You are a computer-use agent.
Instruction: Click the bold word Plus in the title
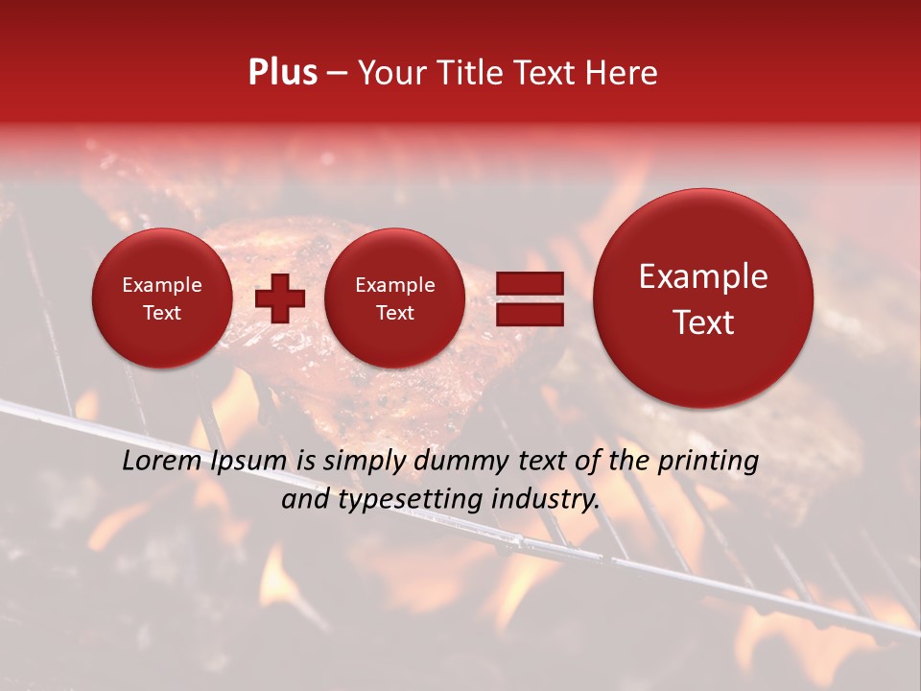[x=282, y=73]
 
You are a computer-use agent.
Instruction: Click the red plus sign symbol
[x=280, y=298]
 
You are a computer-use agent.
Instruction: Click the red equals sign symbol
[x=530, y=298]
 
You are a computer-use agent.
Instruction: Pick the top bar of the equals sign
[x=530, y=284]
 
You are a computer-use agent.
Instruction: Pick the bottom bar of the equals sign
[x=530, y=314]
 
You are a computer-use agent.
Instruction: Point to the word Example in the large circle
[x=703, y=277]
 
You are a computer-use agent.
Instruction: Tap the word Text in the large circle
[x=703, y=322]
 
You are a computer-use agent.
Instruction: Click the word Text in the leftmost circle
[x=162, y=313]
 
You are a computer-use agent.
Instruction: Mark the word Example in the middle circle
[x=394, y=285]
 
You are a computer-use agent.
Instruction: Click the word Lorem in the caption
[x=157, y=461]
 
